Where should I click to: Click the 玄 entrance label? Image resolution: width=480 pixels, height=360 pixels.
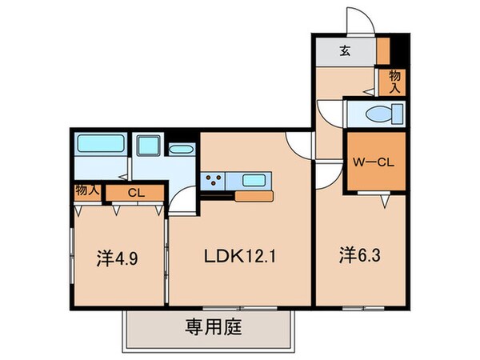344,52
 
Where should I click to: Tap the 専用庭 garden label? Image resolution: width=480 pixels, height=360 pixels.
214,326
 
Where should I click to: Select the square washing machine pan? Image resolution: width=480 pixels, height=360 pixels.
148,147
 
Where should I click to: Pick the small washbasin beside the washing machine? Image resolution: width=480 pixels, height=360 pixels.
182,149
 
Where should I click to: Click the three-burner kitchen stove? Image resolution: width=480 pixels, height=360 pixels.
214,179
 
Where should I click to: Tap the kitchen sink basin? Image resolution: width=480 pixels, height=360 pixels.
256,179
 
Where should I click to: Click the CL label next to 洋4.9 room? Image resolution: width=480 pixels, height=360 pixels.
134,192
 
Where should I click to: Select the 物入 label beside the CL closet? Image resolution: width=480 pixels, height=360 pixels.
86,191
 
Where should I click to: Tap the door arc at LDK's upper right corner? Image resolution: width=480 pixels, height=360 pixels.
298,144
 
